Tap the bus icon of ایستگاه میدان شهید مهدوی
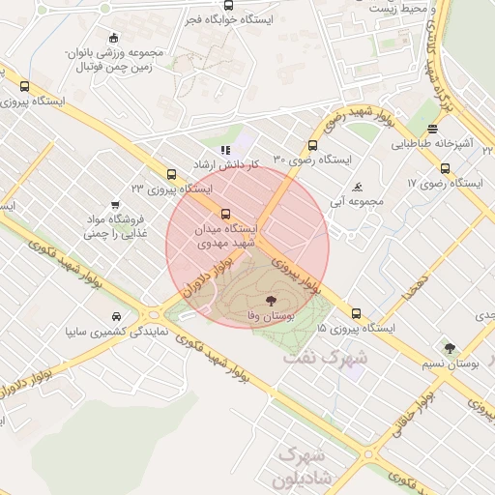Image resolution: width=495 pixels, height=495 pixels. coord(226,214)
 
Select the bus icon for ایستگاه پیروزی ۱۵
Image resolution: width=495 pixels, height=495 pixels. coord(357,313)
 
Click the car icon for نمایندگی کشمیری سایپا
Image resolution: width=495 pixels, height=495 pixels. coord(117,316)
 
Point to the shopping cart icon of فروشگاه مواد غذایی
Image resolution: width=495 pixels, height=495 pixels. coord(115,205)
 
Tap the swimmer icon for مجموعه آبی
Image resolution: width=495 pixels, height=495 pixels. coord(358,187)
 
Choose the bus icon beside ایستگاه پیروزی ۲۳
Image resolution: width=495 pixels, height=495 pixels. coord(171,175)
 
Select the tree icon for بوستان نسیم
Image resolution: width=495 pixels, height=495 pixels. coord(448,348)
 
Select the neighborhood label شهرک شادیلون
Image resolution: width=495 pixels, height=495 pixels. coord(303,465)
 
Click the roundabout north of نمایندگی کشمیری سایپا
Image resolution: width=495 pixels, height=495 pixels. coord(152,314)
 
